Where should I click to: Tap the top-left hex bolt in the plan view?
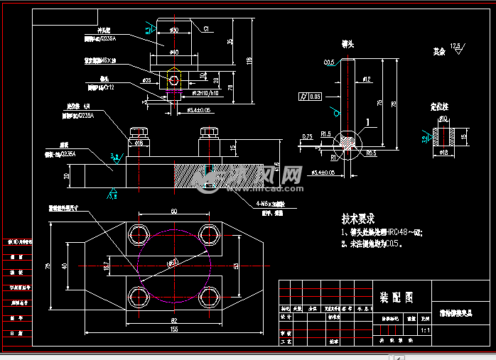click(x=137, y=234)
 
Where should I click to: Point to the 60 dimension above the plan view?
click(x=173, y=212)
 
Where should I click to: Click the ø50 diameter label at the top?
click(x=174, y=29)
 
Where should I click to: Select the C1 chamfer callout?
click(x=206, y=29)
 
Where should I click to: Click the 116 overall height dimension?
click(x=249, y=60)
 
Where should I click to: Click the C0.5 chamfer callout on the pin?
click(x=330, y=63)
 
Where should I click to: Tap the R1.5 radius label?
click(x=327, y=133)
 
